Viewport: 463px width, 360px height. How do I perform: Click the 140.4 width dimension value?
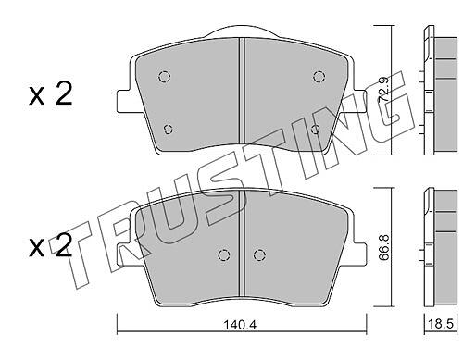tap(241, 324)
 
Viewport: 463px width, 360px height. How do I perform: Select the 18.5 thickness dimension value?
tap(441, 324)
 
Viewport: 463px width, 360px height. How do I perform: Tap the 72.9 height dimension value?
tap(383, 90)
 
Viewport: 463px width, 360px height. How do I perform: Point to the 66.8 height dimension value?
tap(383, 247)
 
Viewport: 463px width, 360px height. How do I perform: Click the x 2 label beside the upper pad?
tap(51, 94)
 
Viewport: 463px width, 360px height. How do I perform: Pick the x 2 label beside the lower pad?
tap(51, 246)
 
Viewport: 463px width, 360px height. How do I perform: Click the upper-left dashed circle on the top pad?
tap(165, 76)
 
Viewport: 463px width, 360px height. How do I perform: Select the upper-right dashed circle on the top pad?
tap(319, 76)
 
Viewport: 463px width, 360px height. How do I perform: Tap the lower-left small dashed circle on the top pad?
tap(168, 130)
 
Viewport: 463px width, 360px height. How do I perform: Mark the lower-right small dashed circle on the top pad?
tap(316, 130)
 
